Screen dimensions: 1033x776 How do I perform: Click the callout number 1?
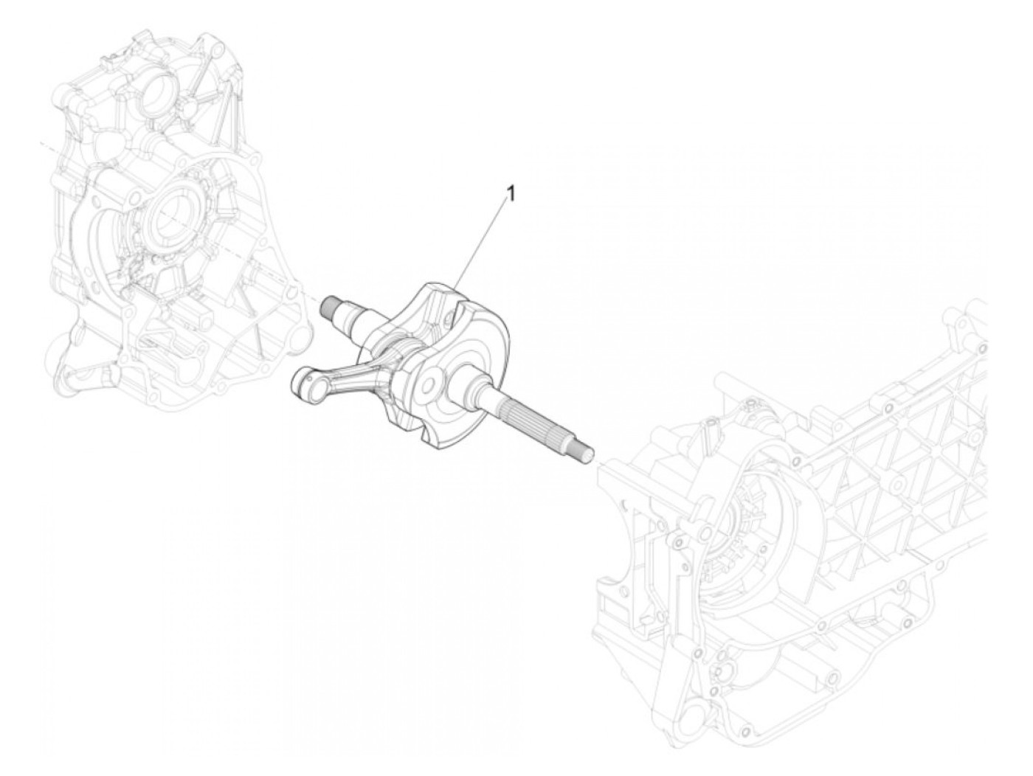click(x=510, y=193)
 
